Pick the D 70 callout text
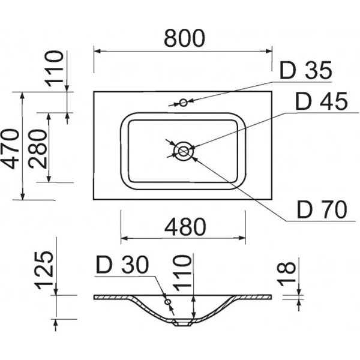click(x=323, y=209)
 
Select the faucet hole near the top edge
click(x=184, y=103)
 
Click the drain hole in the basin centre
click(x=183, y=151)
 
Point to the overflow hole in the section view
click(x=168, y=302)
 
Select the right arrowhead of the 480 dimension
click(x=243, y=237)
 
